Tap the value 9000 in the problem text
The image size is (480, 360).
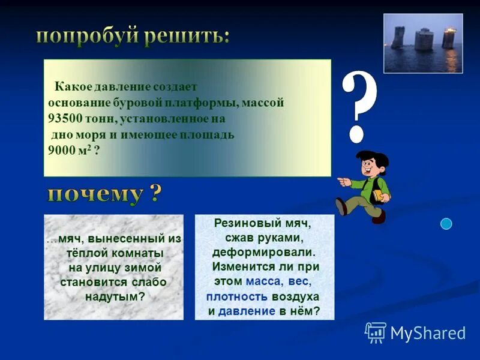(x=62, y=150)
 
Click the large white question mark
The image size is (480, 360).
(x=359, y=105)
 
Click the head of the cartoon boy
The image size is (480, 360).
(x=370, y=162)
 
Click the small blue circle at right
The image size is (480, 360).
(x=446, y=224)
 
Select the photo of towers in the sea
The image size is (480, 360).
(x=423, y=43)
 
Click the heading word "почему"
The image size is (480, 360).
(x=96, y=195)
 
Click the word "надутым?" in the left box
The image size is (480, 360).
(x=113, y=296)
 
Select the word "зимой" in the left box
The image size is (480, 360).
(x=144, y=268)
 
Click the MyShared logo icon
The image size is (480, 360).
(x=376, y=332)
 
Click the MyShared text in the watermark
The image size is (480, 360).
(x=427, y=333)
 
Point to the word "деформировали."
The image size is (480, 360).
(x=263, y=252)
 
